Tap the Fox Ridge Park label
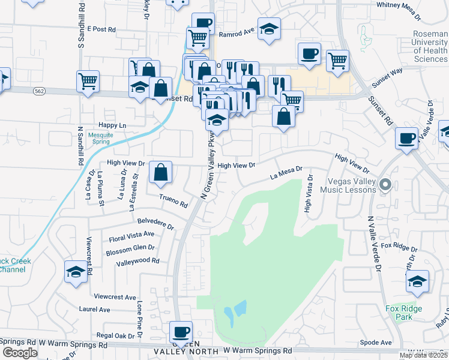coord(404,313)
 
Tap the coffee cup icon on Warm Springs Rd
coord(181,331)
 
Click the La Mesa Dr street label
coord(286,174)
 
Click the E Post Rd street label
coord(100,29)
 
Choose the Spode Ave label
coord(376,343)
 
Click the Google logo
coord(19,353)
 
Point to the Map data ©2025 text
coord(423,355)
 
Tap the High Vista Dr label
coord(309,194)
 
